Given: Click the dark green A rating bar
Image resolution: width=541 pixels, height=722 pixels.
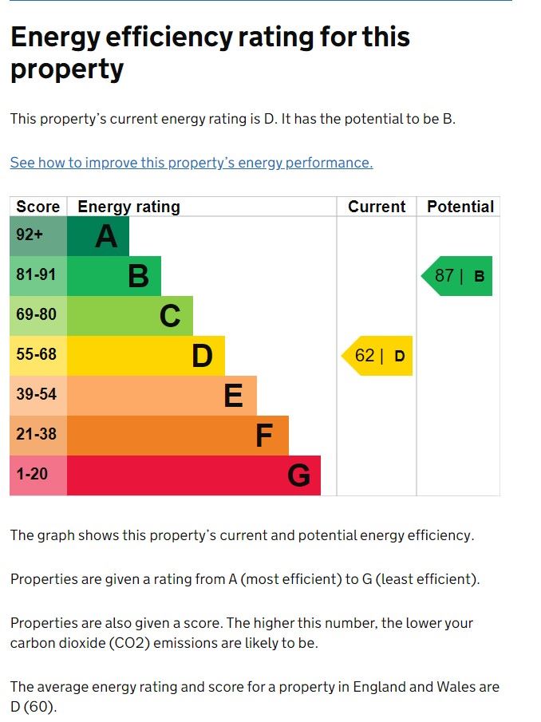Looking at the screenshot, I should coord(97,236).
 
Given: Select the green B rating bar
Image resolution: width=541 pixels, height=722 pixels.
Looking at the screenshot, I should coord(113,276).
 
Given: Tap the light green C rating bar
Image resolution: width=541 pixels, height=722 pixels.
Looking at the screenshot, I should coord(129,316).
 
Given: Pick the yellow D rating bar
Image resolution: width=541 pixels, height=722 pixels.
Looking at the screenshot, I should coord(145,356).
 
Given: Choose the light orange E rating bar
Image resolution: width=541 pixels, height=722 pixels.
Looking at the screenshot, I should coord(161,396).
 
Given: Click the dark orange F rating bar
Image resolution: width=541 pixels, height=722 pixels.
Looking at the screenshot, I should coord(177,436).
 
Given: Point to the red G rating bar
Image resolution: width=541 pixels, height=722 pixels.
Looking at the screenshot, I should coord(193,475).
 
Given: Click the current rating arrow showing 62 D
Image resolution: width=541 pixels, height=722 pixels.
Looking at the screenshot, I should coord(378,356).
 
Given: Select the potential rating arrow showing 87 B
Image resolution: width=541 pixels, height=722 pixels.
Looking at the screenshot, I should coord(458,276).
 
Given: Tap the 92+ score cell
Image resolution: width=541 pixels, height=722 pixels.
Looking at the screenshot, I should coord(38,236).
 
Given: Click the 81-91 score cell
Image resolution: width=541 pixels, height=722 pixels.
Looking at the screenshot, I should coord(38,276).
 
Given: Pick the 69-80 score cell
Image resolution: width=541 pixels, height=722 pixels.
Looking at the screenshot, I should coord(38,316).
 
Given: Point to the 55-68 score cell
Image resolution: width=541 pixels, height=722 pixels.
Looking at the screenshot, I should coord(38,356).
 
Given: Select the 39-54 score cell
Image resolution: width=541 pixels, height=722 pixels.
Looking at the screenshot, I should coord(38,396).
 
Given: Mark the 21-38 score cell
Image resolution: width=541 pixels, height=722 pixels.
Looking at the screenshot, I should coord(38,436).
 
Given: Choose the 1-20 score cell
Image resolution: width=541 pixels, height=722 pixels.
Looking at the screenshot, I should coord(38,475).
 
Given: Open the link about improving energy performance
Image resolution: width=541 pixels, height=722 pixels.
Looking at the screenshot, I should coord(191,163).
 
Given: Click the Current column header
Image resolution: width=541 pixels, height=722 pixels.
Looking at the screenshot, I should coord(377,207).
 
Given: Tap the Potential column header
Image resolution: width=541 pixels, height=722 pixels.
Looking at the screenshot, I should coord(460,207).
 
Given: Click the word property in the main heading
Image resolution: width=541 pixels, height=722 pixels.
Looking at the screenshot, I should coord(67,70).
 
